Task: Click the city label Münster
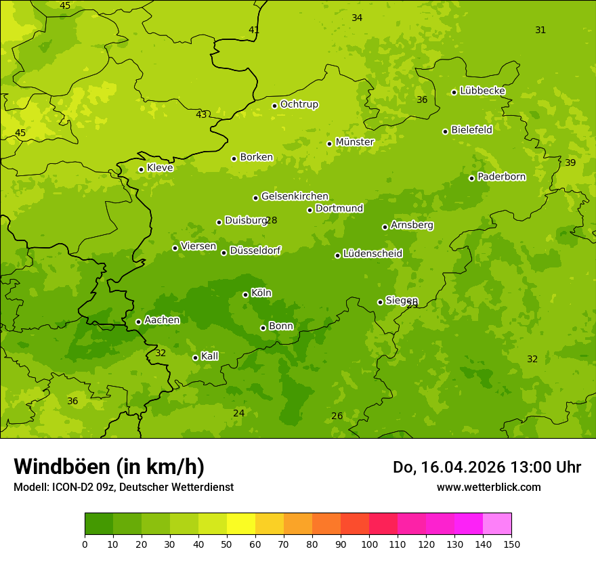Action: tap(355, 142)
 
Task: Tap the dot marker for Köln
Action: tap(245, 295)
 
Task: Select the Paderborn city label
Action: tap(501, 177)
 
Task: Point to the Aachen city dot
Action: tap(138, 322)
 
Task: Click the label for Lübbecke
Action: tap(482, 91)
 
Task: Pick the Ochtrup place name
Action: tap(299, 104)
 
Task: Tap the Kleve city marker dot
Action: tap(141, 169)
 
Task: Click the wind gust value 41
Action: tap(254, 30)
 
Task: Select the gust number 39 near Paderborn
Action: tap(570, 163)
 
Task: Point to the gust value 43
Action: tap(201, 114)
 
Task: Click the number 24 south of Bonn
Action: tap(239, 413)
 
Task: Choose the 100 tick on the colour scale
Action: tap(369, 544)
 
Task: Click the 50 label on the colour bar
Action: tap(227, 544)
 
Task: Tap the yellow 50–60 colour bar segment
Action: tap(241, 524)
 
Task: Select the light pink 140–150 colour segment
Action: tap(497, 524)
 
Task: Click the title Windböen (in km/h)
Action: tap(109, 467)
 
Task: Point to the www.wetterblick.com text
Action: tap(488, 487)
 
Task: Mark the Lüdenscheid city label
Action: tap(372, 254)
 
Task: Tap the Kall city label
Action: tap(210, 356)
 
